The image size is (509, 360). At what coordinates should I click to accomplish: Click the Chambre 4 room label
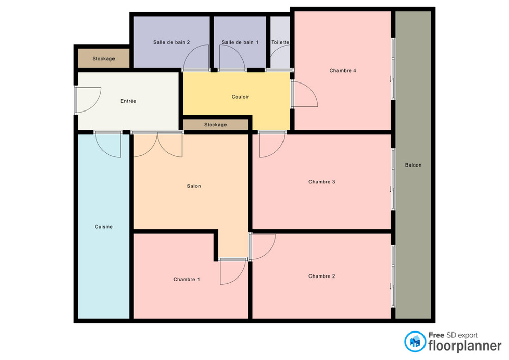point(343,70)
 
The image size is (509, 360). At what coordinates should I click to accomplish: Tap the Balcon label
point(413,165)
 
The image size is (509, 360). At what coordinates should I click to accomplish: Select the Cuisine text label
point(104,227)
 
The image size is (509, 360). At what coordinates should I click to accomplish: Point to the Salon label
point(194,186)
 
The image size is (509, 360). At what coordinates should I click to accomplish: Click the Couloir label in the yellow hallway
point(240,97)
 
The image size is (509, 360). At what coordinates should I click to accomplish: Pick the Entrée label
point(128,101)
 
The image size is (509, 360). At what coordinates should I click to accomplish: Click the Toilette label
point(280,42)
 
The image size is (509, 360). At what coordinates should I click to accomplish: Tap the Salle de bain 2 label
point(172,42)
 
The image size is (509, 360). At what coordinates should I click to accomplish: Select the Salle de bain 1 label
point(240,42)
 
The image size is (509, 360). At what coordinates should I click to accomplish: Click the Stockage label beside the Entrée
point(103,59)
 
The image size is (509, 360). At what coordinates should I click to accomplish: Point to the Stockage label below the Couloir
point(215,125)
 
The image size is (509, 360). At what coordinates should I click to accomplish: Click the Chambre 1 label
point(187,279)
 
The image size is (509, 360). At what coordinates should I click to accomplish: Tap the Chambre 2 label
point(322,276)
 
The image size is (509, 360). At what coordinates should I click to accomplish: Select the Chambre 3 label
point(322,182)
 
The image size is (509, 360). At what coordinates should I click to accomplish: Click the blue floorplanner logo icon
point(415,342)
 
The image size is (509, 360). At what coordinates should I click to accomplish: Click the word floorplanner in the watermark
point(465,346)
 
